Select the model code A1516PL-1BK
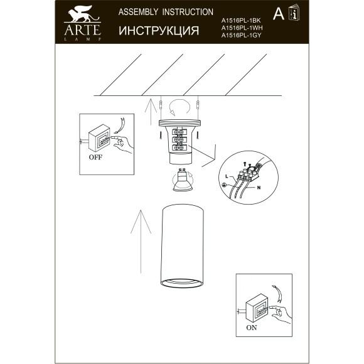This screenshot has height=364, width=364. pos(240,21)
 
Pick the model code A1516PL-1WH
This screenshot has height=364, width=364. pos(240,28)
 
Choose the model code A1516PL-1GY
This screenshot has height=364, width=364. pos(240,36)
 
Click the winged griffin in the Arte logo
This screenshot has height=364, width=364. pos(78,14)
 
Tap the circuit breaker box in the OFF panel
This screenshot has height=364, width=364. pos(99,137)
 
